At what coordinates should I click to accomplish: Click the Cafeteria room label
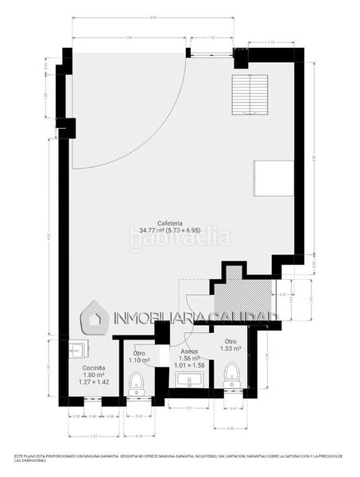coord(172,223)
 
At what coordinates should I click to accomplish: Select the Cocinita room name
coord(94,368)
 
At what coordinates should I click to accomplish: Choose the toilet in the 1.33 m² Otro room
coord(232,374)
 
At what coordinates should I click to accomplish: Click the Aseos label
coord(189,351)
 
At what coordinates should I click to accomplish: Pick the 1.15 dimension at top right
coord(271,41)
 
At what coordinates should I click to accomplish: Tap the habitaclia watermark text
coord(179,237)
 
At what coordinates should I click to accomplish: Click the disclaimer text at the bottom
coord(180,459)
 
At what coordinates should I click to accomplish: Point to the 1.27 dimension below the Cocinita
coord(94,436)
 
